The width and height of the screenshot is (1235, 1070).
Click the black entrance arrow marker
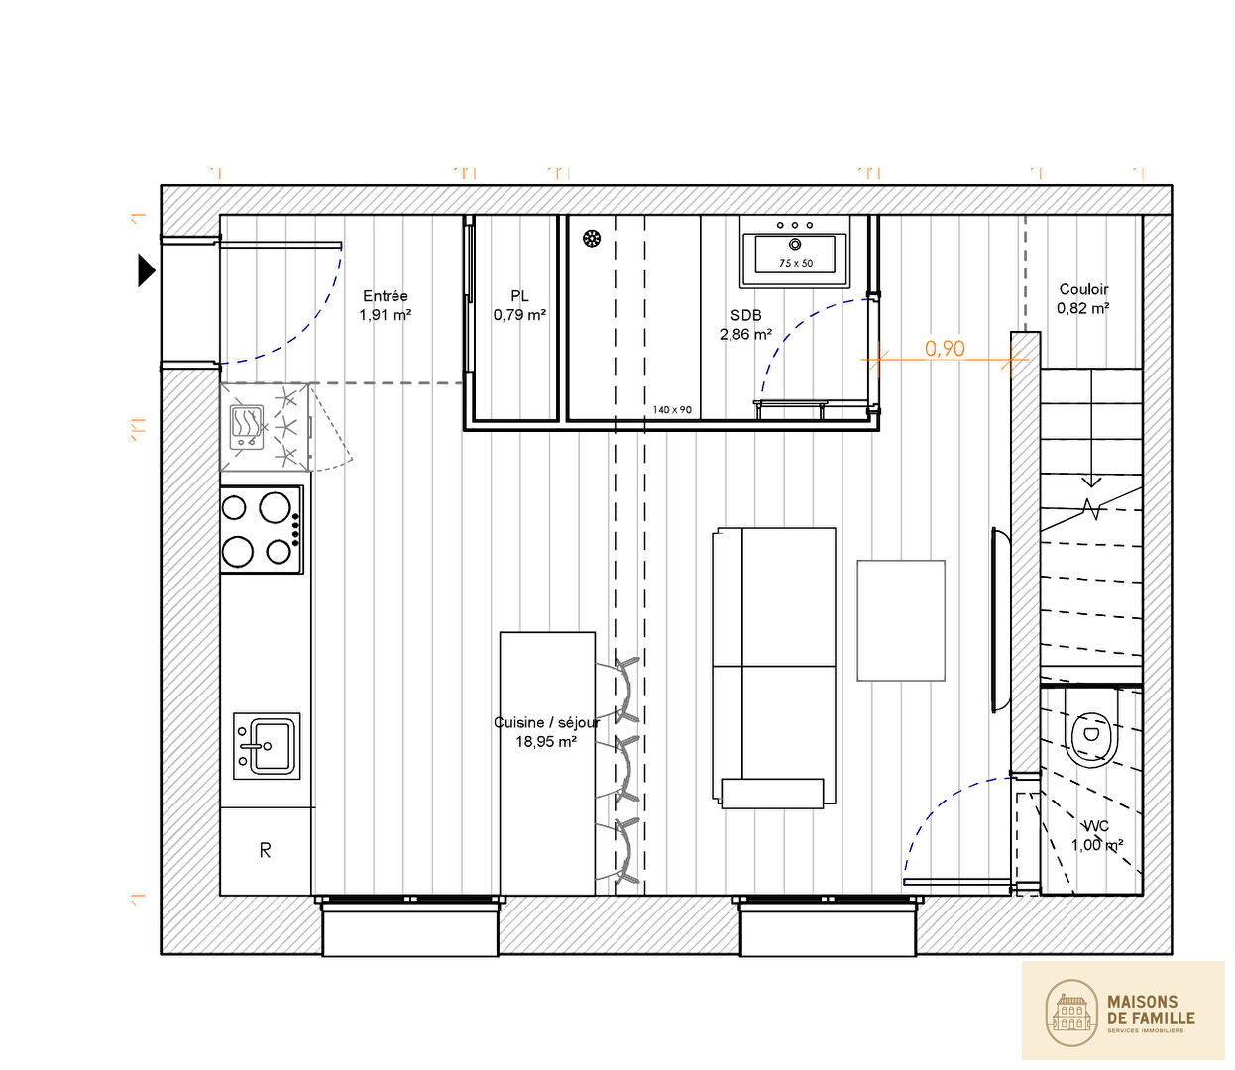tap(147, 270)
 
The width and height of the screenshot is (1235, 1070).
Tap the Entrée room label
tap(386, 295)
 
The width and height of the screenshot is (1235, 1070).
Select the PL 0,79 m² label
tap(519, 305)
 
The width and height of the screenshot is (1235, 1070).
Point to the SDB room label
tap(745, 315)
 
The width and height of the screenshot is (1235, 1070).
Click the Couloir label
tap(1083, 289)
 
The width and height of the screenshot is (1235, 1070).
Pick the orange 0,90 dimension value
tap(945, 348)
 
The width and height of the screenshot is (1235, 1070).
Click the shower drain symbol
tap(592, 239)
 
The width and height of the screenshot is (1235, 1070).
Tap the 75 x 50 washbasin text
tap(796, 263)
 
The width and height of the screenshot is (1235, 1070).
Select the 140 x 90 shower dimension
tap(672, 409)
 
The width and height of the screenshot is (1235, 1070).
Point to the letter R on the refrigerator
tap(266, 850)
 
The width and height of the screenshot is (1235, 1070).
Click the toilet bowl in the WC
tap(1091, 739)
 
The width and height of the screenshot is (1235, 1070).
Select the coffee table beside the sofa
tap(901, 620)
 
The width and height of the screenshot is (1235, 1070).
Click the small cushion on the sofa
tap(772, 793)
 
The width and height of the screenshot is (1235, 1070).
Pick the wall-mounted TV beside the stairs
tap(1000, 620)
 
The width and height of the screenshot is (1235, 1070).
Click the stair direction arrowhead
tap(1091, 481)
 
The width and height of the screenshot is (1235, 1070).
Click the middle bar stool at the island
tap(621, 770)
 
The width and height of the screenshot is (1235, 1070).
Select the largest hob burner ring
tap(275, 507)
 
